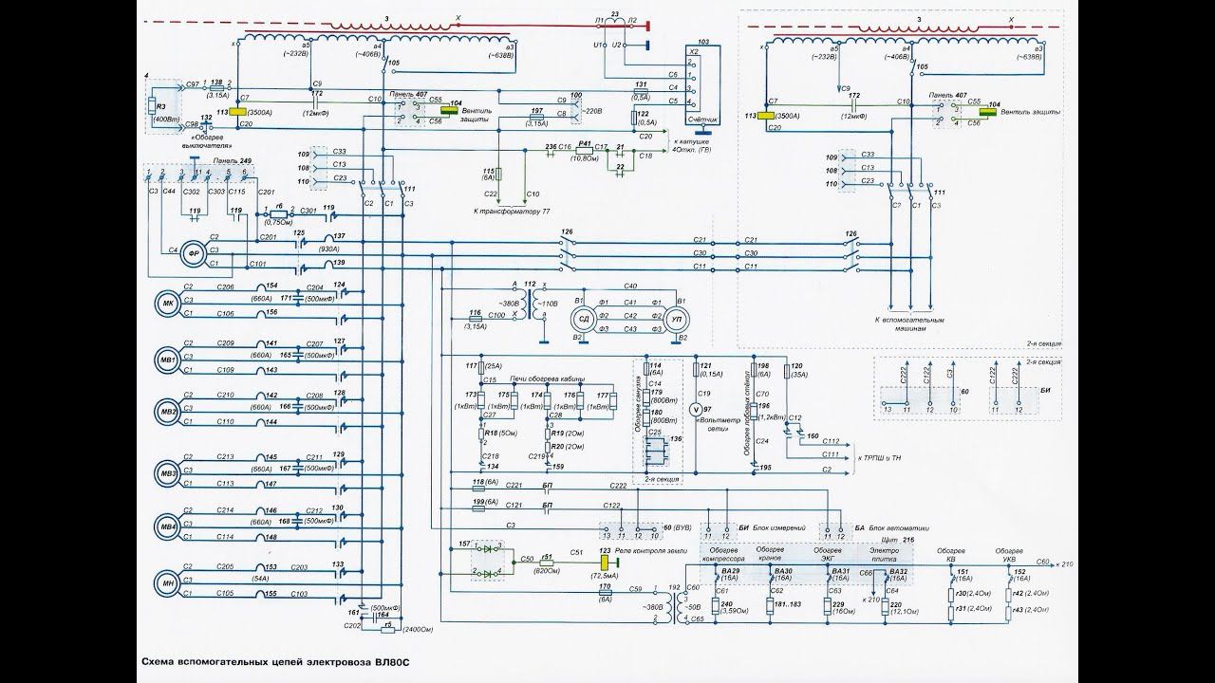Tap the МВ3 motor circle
(x=168, y=472)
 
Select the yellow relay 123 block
(x=604, y=562)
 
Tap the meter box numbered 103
(x=702, y=84)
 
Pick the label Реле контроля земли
(x=648, y=550)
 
